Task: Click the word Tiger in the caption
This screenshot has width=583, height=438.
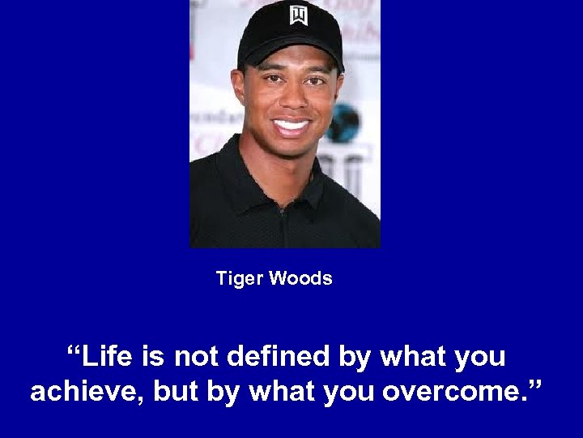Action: tap(239, 279)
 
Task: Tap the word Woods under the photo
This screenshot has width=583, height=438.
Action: tap(300, 279)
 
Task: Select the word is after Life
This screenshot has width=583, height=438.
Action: tap(152, 356)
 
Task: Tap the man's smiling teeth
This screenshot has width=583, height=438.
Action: tap(291, 127)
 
